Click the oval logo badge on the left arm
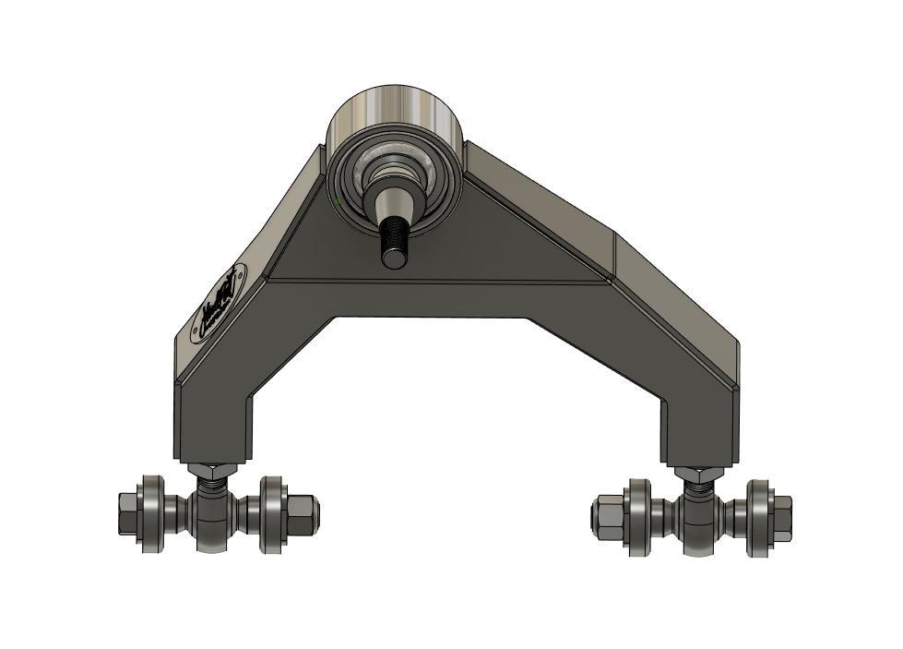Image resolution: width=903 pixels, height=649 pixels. [x=219, y=304]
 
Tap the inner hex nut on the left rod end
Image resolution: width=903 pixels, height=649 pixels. [x=304, y=512]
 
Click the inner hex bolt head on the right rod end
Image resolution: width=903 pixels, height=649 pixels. [x=608, y=516]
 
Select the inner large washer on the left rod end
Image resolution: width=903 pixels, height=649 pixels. [x=273, y=514]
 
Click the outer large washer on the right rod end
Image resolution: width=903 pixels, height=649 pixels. [x=758, y=517]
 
